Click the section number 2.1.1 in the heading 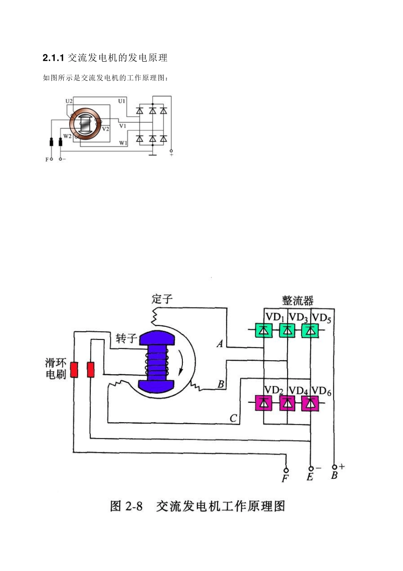click(x=53, y=58)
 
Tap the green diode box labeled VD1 click(x=264, y=330)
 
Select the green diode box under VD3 click(x=288, y=330)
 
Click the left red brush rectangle click(x=74, y=370)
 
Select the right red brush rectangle click(x=91, y=370)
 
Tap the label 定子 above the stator click(x=162, y=299)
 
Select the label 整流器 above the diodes click(x=298, y=300)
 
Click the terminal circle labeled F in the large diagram click(x=286, y=470)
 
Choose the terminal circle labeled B click(x=334, y=467)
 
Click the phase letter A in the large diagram click(x=220, y=344)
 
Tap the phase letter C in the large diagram click(x=233, y=418)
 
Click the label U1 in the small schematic click(x=122, y=101)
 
